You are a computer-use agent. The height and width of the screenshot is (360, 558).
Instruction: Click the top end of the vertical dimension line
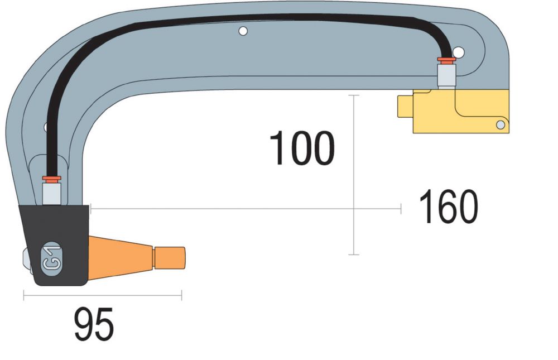pos(353,95)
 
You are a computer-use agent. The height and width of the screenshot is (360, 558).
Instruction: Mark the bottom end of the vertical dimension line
pos(353,255)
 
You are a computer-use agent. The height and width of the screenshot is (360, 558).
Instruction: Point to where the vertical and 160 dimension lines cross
pos(353,209)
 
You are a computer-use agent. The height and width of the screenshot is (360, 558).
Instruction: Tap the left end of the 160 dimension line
pos(91,209)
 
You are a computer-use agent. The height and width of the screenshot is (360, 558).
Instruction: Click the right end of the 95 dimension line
pos(181,295)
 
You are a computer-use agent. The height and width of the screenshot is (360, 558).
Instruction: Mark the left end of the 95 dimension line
pos(24,295)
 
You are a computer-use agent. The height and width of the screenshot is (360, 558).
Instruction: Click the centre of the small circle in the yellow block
pos(501,125)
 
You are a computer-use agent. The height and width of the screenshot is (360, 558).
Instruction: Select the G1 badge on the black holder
pos(51,258)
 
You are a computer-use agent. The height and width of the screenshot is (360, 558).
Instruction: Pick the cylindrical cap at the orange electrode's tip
pos(169,258)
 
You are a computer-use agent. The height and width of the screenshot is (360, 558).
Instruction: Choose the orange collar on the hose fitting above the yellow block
pos(446,59)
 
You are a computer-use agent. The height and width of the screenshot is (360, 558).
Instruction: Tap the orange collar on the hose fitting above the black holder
pos(51,178)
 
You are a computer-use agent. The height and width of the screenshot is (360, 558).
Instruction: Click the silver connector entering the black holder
pos(51,193)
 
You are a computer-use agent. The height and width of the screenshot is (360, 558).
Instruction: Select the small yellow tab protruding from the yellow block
pos(405,106)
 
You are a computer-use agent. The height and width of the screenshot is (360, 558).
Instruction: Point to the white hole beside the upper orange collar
pos(459,52)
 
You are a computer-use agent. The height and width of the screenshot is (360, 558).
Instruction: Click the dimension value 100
pos(302,148)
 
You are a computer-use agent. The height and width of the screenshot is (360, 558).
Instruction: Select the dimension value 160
pos(449,207)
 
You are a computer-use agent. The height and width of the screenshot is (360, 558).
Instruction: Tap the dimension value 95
pos(94,324)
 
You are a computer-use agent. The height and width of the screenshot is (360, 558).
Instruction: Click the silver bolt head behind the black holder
pos(26,261)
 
